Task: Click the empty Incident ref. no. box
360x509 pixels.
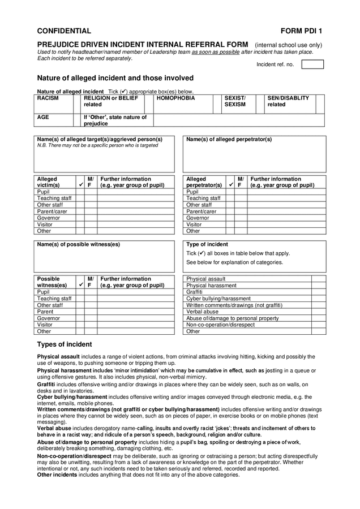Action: [312, 64]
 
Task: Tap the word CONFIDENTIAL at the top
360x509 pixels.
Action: [64, 31]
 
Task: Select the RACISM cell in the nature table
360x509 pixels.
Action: [48, 98]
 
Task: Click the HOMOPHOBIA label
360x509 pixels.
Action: [175, 98]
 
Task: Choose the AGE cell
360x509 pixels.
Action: [43, 117]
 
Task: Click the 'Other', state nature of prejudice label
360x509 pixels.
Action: [115, 120]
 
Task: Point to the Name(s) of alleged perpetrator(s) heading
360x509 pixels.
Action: [229, 139]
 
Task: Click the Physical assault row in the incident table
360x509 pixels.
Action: [206, 279]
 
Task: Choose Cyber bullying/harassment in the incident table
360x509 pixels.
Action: [218, 298]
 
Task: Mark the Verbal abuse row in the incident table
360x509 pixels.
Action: [202, 312]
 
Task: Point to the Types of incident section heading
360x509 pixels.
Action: [64, 344]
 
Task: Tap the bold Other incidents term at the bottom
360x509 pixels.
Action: [57, 475]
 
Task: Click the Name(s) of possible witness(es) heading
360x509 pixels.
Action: [78, 244]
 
